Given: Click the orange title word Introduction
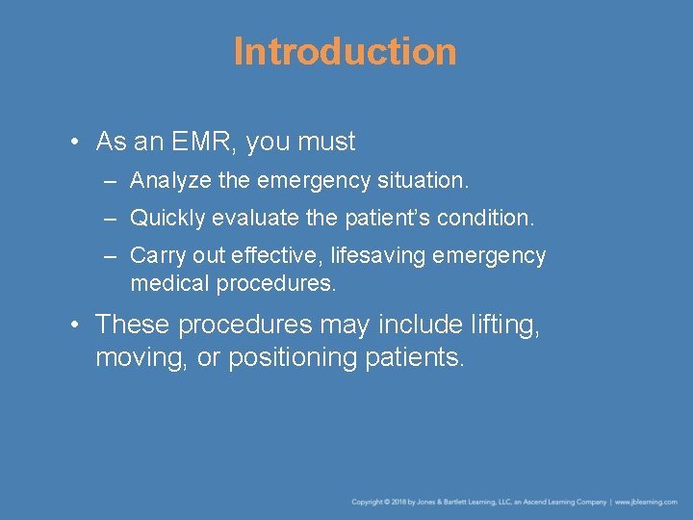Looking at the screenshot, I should (345, 52).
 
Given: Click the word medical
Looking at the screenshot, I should (169, 284).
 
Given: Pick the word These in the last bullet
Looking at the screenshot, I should (131, 325).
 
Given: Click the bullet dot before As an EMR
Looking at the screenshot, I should (74, 143).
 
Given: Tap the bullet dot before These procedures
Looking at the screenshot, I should (74, 325).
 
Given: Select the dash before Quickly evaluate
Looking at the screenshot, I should (111, 219).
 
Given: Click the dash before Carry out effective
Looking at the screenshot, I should (111, 256).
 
